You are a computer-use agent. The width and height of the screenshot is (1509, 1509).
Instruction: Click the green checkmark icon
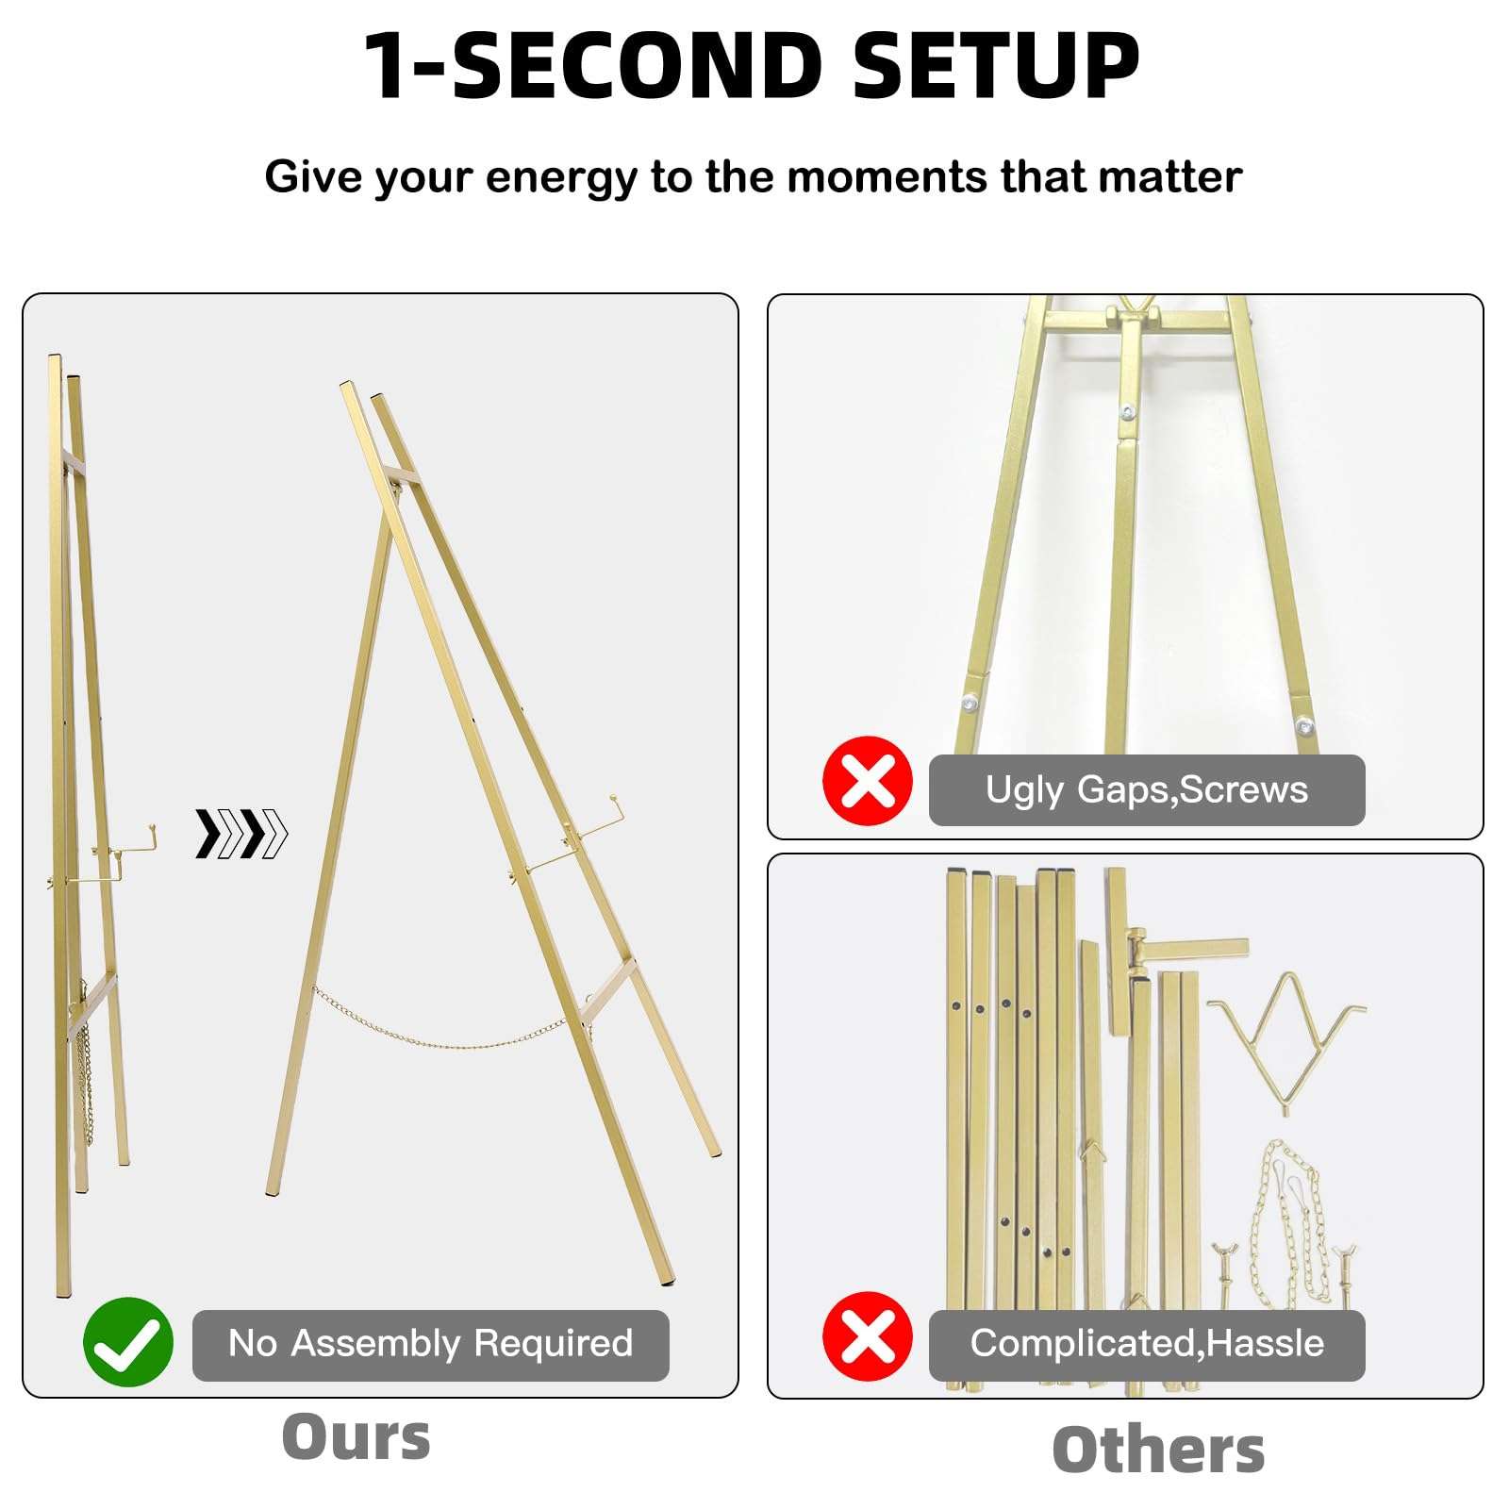[128, 1342]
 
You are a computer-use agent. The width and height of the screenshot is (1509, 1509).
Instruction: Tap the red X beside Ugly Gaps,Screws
[868, 781]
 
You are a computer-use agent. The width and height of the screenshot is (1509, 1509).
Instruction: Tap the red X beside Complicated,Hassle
[868, 1336]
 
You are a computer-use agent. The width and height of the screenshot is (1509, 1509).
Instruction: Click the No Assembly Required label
[430, 1344]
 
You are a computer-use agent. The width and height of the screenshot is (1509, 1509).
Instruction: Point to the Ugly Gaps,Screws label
[1146, 790]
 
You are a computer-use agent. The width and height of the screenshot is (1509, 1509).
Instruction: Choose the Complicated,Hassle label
[1146, 1344]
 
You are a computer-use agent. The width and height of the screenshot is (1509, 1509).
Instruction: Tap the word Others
[1157, 1450]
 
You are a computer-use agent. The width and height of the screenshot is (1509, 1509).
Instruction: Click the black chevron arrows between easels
[241, 834]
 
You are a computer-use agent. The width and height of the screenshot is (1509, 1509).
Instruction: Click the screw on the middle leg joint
[1125, 412]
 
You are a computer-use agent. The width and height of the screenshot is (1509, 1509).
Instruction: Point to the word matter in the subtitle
[1186, 177]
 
